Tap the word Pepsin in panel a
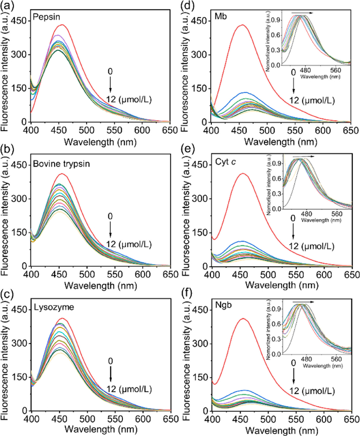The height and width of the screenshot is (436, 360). (x=45, y=16)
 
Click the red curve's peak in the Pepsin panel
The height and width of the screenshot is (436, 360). (x=62, y=25)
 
